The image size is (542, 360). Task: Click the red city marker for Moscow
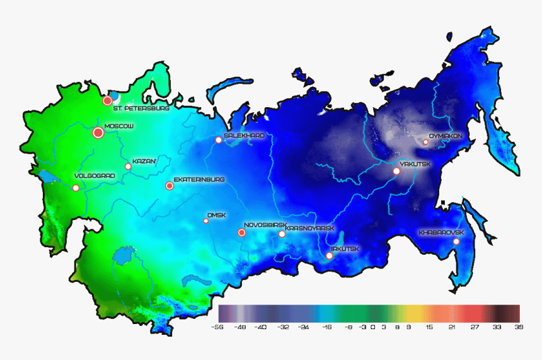point(98,132)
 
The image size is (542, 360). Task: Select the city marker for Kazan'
point(128,166)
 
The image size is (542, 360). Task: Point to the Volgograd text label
point(95,176)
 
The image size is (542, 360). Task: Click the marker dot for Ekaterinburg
point(169,186)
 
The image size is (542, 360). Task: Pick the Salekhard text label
point(244,136)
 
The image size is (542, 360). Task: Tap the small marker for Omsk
point(205,221)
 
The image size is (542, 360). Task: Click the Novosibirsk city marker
point(241,233)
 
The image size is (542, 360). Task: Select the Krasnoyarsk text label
point(309,228)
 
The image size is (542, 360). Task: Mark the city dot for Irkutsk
point(329,255)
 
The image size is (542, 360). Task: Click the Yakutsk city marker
point(396,171)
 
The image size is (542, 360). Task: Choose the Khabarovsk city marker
point(456,241)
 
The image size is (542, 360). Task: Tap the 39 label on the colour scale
point(519,328)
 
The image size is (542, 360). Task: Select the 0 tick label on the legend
point(372,328)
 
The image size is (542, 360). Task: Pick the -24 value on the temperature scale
point(304,328)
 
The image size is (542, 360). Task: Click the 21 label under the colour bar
point(452,328)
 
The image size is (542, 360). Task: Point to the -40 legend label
point(261,328)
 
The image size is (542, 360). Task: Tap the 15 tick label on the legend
point(429,328)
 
